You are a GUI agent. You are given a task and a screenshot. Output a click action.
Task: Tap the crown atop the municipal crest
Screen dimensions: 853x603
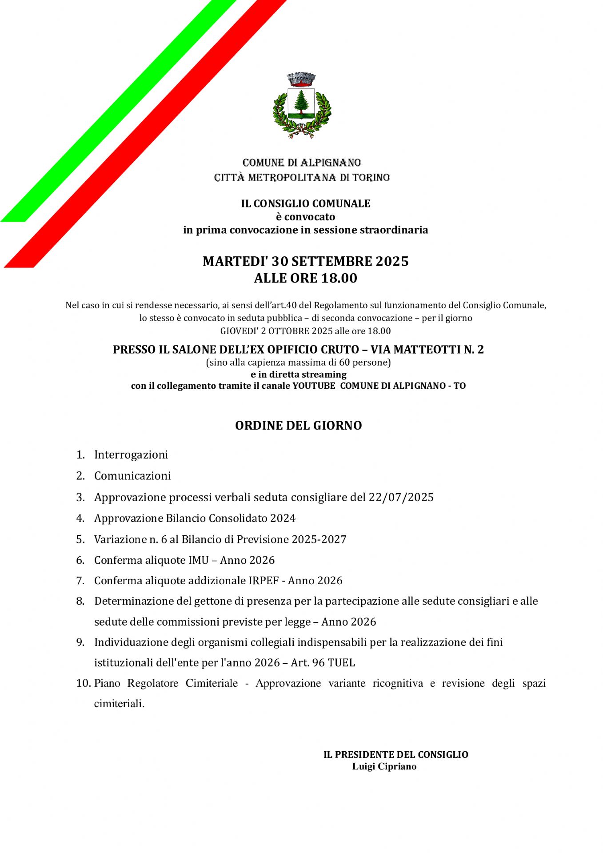pos(301,79)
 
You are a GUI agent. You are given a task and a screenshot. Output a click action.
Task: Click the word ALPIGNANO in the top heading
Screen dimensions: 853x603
pos(331,163)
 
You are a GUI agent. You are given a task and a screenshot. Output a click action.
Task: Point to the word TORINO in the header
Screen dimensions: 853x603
pos(371,178)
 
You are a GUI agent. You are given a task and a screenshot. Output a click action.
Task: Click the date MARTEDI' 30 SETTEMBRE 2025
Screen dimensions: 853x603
pos(305,261)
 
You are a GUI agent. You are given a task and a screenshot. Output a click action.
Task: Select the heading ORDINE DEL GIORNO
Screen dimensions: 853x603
pos(298,425)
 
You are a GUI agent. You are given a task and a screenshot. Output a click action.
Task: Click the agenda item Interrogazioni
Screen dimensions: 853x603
pos(131,454)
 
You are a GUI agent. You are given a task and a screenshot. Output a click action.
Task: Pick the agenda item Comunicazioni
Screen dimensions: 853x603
pos(132,475)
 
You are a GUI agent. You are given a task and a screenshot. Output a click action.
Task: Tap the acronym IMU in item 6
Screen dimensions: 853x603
pos(198,560)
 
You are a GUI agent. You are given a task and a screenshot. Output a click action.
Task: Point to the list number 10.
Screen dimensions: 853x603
pos(83,683)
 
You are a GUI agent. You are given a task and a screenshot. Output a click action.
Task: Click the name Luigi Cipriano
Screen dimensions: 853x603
pos(384,766)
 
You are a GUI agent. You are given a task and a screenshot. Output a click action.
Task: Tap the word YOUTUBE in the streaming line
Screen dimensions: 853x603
pos(314,386)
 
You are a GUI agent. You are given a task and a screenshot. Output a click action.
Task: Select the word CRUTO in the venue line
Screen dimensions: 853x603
pos(341,350)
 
